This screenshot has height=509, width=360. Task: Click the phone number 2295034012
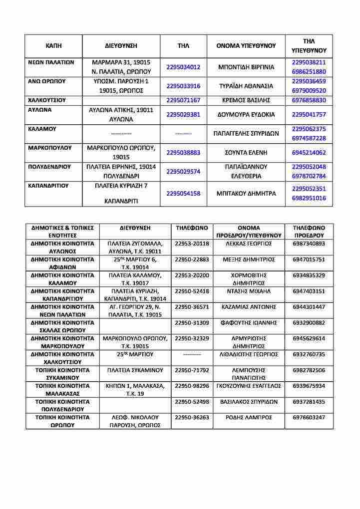tap(183, 67)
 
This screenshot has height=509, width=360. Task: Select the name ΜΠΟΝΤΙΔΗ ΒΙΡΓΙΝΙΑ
tap(247, 67)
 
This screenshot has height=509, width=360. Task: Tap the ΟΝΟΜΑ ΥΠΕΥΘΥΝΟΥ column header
tap(246, 45)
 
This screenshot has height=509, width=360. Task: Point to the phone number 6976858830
tap(309, 100)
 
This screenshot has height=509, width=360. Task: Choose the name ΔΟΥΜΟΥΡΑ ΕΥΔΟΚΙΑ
tap(247, 114)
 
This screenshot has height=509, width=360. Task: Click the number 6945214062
tap(309, 153)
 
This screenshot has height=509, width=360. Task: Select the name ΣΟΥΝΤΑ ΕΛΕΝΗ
tap(247, 153)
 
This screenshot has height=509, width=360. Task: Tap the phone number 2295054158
tap(183, 193)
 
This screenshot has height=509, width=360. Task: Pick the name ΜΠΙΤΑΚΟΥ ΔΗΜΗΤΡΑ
tap(247, 193)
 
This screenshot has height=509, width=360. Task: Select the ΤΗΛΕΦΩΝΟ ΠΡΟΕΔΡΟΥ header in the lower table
tap(309, 231)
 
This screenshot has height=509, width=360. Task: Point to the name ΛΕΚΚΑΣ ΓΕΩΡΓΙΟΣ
tap(249, 244)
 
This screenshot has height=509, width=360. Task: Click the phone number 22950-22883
tap(192, 259)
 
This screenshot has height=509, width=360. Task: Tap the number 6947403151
tap(309, 291)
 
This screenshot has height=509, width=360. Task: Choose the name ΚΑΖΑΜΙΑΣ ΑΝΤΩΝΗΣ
tap(249, 307)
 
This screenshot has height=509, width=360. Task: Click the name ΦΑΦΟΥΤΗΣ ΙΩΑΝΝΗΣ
tap(249, 323)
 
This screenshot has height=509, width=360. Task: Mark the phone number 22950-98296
tap(192, 386)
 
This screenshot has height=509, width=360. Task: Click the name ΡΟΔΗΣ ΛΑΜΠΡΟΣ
tap(249, 417)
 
